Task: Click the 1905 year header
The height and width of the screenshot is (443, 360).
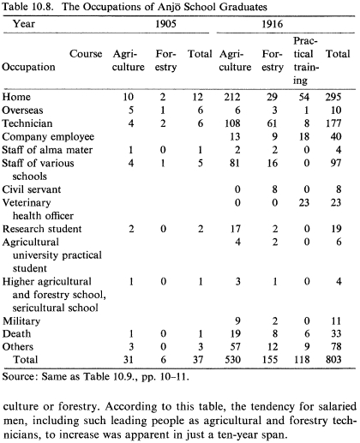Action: tap(165, 24)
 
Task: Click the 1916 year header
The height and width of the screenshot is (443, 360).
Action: tap(273, 24)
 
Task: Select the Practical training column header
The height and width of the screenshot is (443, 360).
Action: tap(305, 61)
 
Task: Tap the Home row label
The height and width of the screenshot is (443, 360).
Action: tap(16, 97)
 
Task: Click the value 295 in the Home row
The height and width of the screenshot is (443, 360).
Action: tap(333, 97)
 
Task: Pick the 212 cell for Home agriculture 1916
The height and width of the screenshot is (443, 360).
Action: tap(232, 97)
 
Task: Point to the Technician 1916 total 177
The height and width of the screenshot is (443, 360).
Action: tap(333, 123)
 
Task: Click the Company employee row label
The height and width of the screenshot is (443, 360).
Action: tap(48, 136)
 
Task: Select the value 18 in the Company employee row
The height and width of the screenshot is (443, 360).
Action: tap(304, 136)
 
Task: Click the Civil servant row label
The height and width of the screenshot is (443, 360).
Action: tap(32, 189)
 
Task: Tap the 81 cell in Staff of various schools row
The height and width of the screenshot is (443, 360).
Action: tap(235, 163)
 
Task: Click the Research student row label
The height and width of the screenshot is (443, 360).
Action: tap(42, 229)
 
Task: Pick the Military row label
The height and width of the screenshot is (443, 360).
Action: tap(21, 321)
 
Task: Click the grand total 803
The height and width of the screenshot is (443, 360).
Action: tap(333, 359)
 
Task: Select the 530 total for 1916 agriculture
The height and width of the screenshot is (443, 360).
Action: tap(232, 359)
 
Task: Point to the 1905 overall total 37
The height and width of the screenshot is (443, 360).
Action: tap(198, 359)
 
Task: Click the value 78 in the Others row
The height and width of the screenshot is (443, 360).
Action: tap(336, 346)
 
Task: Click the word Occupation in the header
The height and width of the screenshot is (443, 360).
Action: tap(28, 67)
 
